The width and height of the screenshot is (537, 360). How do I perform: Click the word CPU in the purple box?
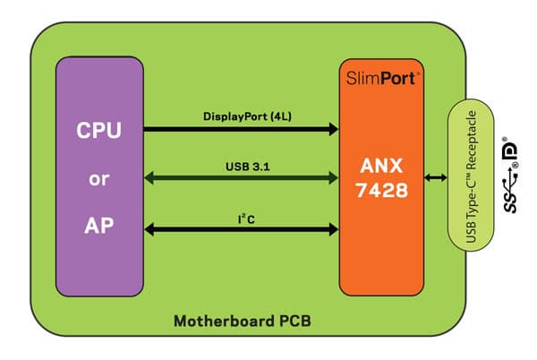point(99,132)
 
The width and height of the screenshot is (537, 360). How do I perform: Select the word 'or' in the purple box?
point(99,177)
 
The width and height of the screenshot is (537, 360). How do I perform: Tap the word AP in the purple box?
point(99,224)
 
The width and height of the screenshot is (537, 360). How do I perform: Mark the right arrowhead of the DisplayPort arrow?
point(333,129)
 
